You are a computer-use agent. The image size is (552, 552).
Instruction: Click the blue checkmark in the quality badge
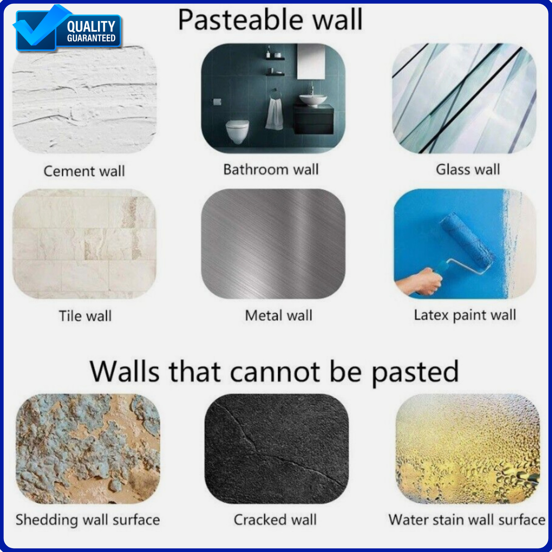coord(40,28)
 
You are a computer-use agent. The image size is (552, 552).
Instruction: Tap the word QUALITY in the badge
coord(91,27)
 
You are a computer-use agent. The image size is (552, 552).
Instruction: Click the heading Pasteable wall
coord(270,20)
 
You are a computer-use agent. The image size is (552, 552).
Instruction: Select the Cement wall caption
coord(84,171)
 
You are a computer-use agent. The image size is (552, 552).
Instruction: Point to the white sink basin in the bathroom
coord(313,100)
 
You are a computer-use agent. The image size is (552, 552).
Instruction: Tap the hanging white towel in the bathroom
coord(275,112)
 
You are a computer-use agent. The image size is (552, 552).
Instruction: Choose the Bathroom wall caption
coord(271,169)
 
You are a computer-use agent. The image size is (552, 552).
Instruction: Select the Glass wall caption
coord(468,169)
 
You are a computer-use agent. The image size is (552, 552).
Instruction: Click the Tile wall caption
coord(85,316)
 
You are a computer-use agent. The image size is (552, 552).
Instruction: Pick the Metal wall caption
coord(278,315)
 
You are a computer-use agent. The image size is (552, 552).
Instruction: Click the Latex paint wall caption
coord(465,315)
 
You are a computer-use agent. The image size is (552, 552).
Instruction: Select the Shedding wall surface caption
coord(88,520)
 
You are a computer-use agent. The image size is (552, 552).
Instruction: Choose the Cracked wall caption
coord(275,520)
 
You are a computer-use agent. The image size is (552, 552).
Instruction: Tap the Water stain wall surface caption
coord(467,520)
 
